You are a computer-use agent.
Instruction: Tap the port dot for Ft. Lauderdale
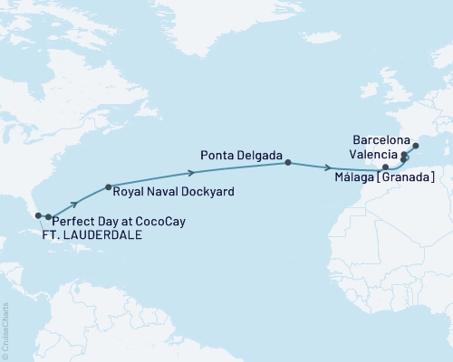coord(38,216)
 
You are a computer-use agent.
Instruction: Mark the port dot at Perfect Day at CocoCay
coord(48,217)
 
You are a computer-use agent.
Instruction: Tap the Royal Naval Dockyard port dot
coord(109,187)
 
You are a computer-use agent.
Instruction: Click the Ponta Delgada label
coord(236,151)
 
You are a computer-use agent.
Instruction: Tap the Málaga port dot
coord(385,167)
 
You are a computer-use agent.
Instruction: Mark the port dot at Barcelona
coord(416,145)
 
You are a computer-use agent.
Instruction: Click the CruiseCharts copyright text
coord(6,330)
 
